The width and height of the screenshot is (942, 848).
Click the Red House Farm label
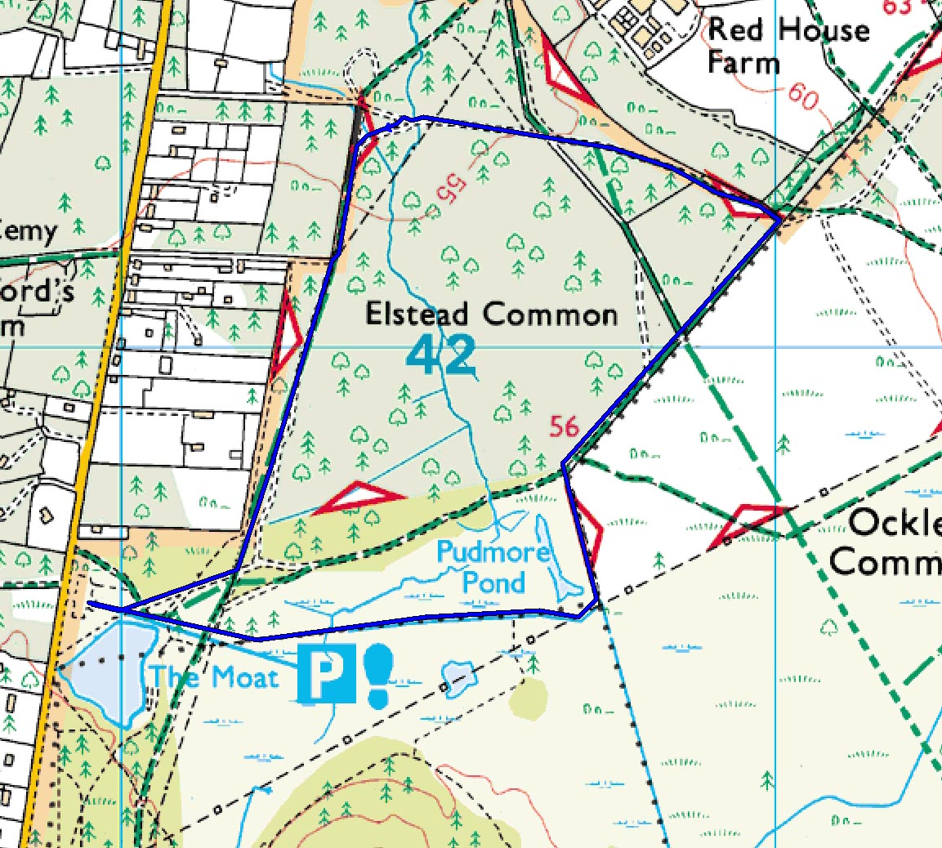coord(788,46)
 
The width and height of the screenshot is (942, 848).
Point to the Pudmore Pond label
coord(493,567)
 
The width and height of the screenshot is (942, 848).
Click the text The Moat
coord(213,677)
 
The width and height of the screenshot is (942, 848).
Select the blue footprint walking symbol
coord(379,676)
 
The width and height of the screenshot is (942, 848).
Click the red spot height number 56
coord(564,426)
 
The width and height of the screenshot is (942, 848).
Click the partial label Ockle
coord(895,524)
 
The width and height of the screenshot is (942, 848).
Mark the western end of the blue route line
coord(90,603)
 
